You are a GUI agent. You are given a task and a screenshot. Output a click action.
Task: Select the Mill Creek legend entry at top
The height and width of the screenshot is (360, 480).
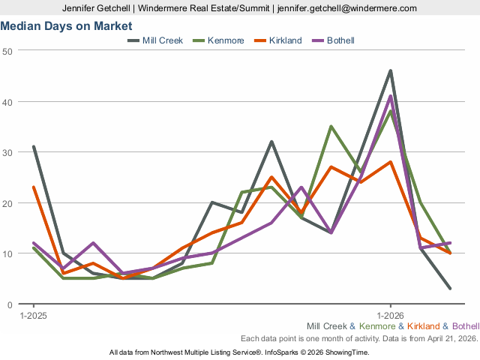(162, 40)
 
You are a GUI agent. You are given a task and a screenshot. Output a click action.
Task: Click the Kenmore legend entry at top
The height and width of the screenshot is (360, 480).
(223, 40)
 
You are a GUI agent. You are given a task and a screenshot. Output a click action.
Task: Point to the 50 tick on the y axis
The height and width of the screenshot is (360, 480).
(7, 50)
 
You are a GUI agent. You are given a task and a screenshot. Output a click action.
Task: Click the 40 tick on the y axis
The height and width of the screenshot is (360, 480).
(7, 101)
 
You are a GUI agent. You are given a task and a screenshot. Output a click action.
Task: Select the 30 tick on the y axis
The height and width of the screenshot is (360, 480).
(7, 152)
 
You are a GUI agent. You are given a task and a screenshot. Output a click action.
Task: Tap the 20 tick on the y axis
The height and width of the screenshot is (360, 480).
(7, 203)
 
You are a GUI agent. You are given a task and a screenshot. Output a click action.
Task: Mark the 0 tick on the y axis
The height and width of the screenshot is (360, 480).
(10, 304)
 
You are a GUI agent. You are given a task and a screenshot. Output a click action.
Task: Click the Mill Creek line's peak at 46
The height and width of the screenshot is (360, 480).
(391, 71)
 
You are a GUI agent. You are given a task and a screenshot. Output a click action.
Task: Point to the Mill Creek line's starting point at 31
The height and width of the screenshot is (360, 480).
(34, 147)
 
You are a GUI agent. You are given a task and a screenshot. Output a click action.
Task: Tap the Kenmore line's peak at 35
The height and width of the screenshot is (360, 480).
(331, 127)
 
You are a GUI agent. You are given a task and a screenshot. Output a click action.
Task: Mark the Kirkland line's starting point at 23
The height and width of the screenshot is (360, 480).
(34, 187)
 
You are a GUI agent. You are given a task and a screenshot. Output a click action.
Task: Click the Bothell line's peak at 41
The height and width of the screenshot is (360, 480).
(391, 96)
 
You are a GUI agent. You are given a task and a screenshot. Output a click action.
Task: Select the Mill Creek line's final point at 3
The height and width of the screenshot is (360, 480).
(450, 289)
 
